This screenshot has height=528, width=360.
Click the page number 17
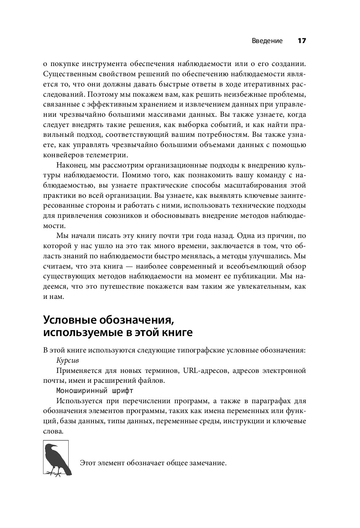pos(301,41)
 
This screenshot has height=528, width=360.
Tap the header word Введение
pos(267,41)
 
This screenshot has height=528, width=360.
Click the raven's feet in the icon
pos(55,474)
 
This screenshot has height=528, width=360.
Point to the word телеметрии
pos(106,155)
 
